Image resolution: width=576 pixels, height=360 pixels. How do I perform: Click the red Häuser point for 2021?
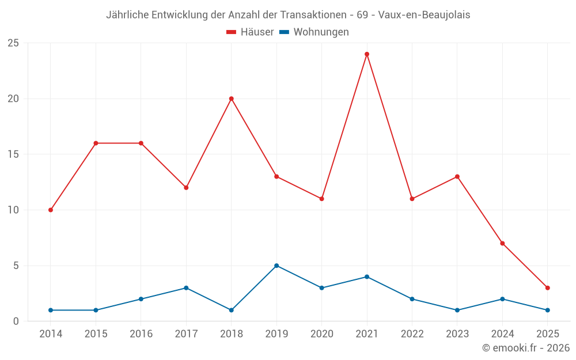pos(367,54)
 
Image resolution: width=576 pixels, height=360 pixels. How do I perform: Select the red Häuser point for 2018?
pos(232,98)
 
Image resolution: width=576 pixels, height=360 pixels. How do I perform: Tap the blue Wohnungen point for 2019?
pos(276,266)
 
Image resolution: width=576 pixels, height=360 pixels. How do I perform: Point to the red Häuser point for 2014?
pos(51,210)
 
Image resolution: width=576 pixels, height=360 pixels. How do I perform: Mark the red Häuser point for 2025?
pos(547,288)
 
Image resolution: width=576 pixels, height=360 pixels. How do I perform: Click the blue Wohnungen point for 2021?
pos(367,277)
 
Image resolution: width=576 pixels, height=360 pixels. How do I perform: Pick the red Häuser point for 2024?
pos(502,243)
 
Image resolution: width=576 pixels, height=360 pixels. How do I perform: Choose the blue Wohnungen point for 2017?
pos(186,288)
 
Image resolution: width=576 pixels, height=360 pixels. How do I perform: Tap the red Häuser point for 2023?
pos(457,176)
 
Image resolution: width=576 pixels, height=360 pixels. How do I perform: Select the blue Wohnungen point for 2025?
pos(547,310)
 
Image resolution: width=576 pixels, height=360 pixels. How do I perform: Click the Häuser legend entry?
pos(250,32)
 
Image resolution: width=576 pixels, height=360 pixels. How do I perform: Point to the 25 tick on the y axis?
pos(13,43)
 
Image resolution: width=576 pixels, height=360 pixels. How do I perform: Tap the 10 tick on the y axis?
pos(13,210)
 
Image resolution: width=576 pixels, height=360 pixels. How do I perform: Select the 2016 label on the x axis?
pos(141,334)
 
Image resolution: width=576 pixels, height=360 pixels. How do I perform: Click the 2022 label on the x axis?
pos(412,334)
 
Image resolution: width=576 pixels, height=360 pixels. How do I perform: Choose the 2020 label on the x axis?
pos(322,334)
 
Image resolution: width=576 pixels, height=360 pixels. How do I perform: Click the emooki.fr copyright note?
pos(525,348)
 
